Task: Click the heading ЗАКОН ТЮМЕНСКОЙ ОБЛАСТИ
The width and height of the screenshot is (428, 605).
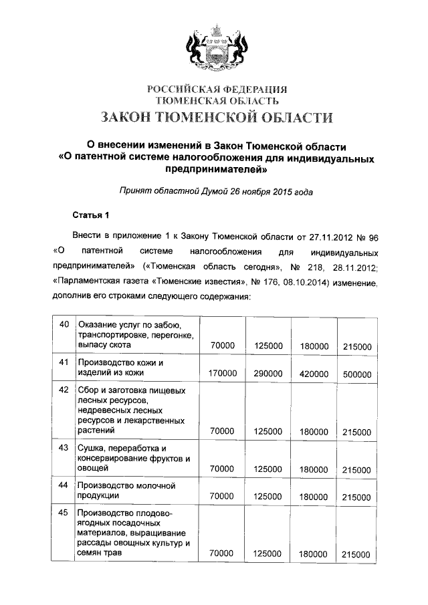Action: (216, 118)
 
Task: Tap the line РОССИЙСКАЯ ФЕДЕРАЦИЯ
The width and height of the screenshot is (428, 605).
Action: (216, 88)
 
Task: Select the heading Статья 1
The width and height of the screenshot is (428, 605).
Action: (90, 215)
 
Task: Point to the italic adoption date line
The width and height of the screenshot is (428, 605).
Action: (216, 191)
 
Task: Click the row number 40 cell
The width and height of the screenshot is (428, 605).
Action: (65, 325)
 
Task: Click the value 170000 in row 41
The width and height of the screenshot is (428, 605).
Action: (222, 373)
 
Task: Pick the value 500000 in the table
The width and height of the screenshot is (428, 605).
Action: (356, 374)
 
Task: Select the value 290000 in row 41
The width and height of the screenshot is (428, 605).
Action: (268, 373)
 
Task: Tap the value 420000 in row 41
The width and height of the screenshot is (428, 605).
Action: (314, 373)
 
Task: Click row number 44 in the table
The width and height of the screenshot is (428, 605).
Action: (65, 485)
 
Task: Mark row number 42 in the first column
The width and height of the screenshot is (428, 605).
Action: (65, 389)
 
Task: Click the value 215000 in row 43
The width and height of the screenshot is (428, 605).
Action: (356, 470)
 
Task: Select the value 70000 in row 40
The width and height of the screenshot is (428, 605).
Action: (222, 346)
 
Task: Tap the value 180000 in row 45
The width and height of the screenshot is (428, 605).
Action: (314, 554)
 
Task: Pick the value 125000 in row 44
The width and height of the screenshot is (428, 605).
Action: (268, 497)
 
